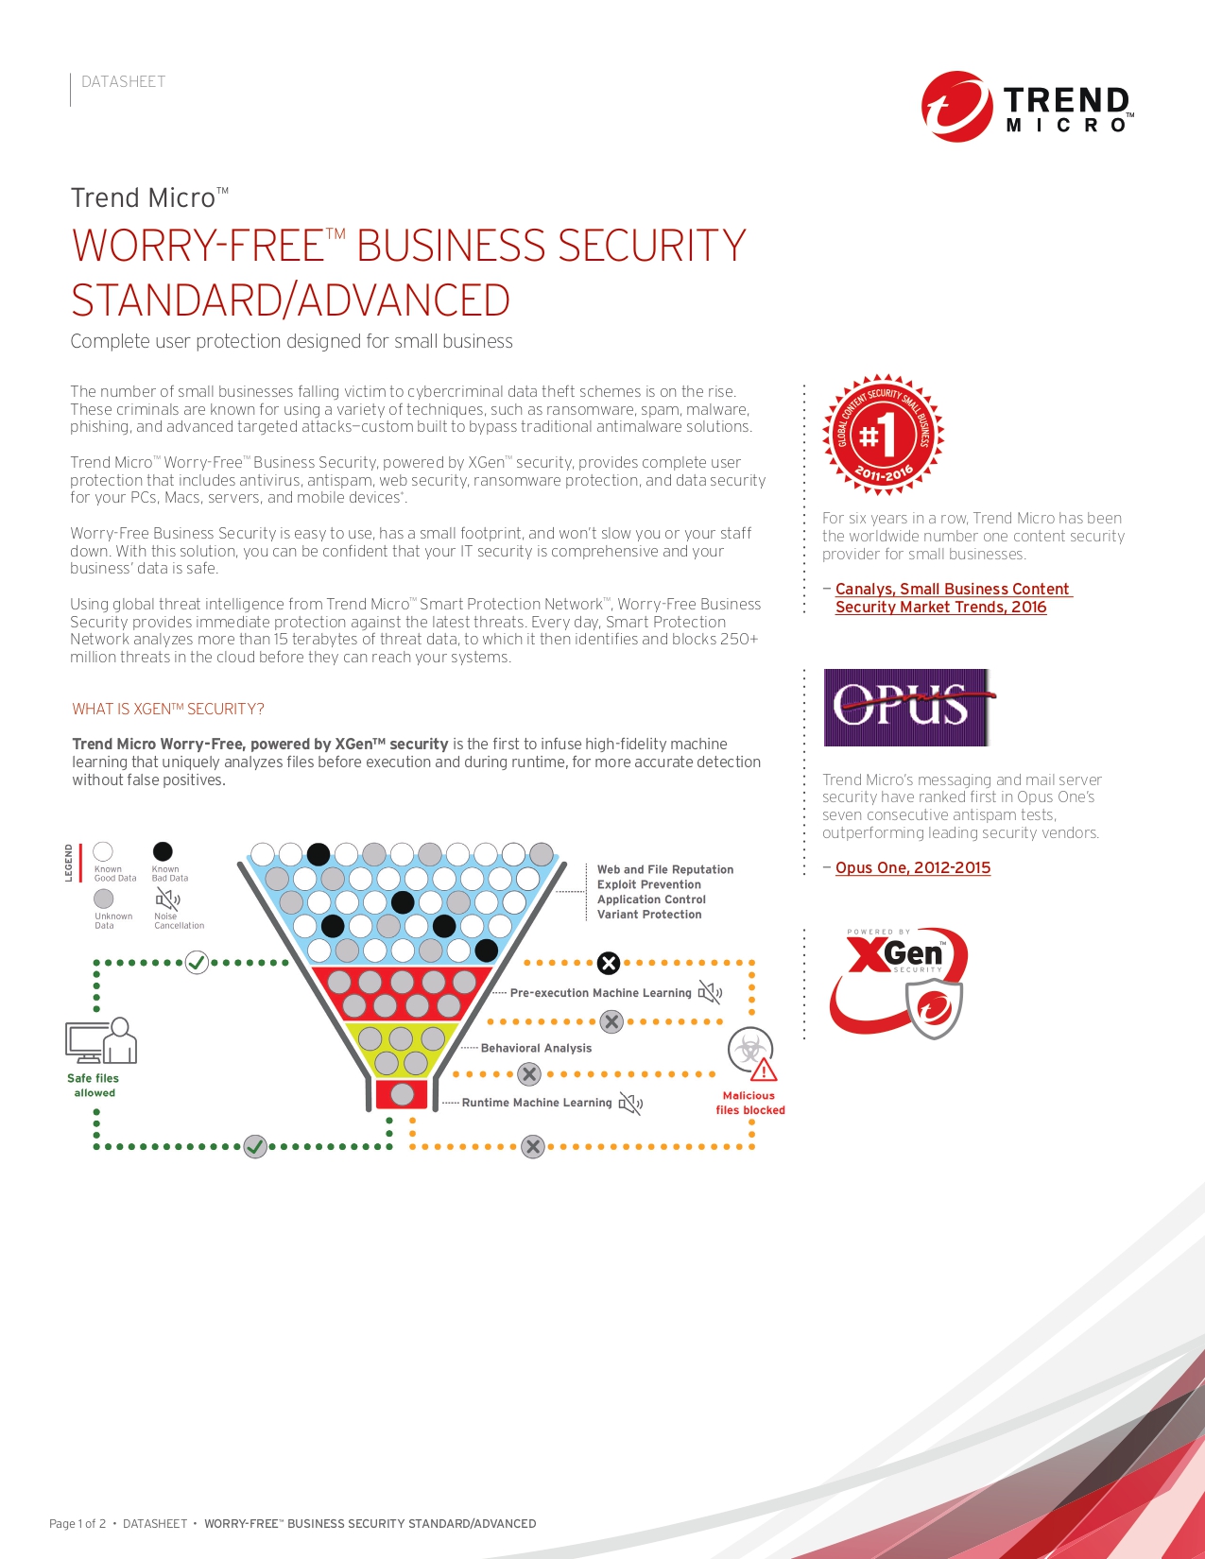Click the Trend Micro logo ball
click(956, 107)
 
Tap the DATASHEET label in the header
click(123, 82)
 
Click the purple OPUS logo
click(906, 707)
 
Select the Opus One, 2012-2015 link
click(912, 867)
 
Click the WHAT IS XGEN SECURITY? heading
click(168, 709)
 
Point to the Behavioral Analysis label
click(536, 1048)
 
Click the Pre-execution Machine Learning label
click(600, 993)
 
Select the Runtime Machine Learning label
click(537, 1103)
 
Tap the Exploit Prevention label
click(649, 884)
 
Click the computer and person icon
click(101, 1040)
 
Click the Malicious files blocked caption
click(749, 1103)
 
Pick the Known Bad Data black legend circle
click(163, 852)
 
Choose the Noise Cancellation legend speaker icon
click(167, 899)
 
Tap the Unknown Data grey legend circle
click(104, 899)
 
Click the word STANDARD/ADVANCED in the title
click(291, 300)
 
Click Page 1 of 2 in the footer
click(77, 1523)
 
